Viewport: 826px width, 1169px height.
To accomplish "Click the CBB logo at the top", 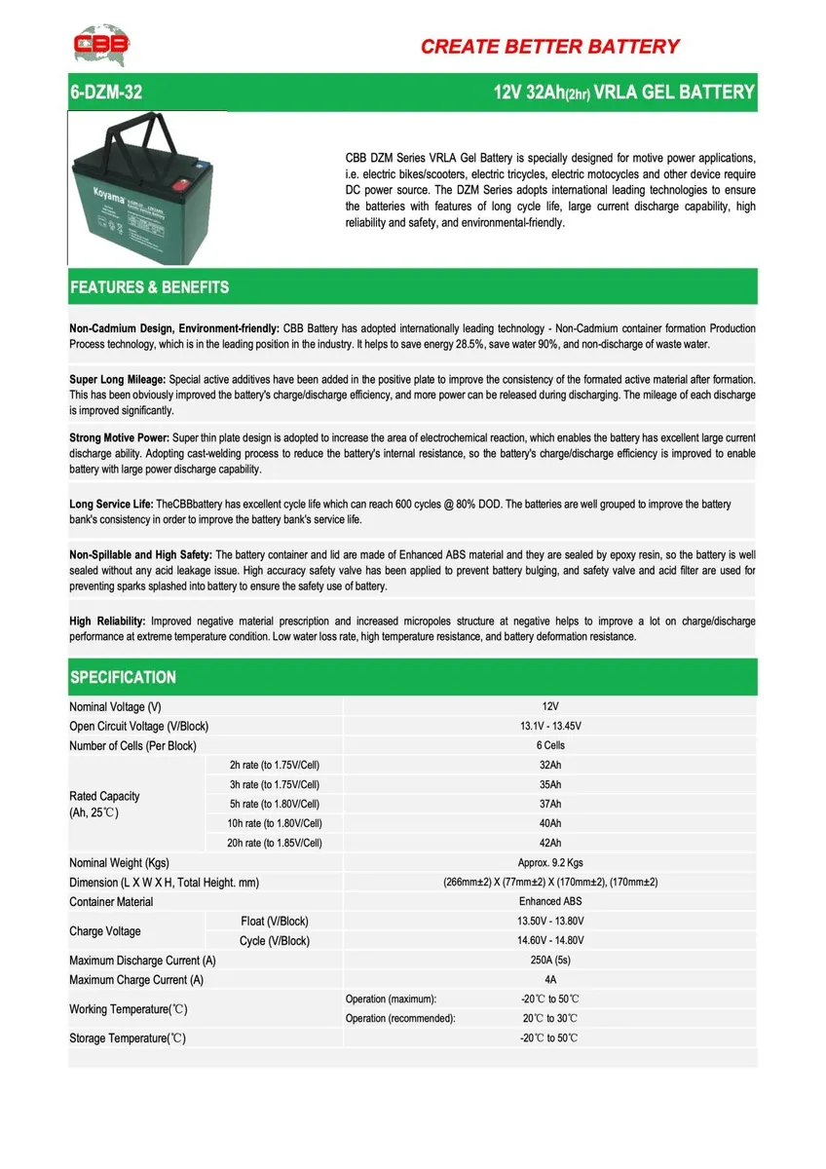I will click(x=100, y=45).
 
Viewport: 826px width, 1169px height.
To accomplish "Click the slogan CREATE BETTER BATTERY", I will click(x=549, y=46).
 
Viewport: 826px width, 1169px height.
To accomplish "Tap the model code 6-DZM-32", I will click(x=99, y=93).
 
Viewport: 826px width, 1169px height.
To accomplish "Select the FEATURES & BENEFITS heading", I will click(x=149, y=287).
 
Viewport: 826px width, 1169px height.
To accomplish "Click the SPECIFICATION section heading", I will click(x=123, y=677).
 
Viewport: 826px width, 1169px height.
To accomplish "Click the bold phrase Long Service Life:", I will click(x=111, y=505).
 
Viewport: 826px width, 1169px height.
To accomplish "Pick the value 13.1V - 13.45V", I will click(x=550, y=726).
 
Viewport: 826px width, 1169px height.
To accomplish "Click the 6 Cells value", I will click(x=550, y=745).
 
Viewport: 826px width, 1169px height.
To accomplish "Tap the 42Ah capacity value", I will click(x=550, y=843).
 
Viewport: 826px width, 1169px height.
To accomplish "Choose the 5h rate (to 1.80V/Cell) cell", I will click(x=274, y=804).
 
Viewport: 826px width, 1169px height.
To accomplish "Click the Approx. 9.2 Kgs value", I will click(x=550, y=862).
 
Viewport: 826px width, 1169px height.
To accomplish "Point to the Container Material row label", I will click(x=111, y=901).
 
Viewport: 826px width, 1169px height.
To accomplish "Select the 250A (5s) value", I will click(x=550, y=960).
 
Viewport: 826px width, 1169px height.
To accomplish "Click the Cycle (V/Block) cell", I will click(x=274, y=940).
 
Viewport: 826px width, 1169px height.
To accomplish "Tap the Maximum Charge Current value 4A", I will click(x=550, y=979).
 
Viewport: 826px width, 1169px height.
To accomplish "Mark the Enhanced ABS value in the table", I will click(x=550, y=901).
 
